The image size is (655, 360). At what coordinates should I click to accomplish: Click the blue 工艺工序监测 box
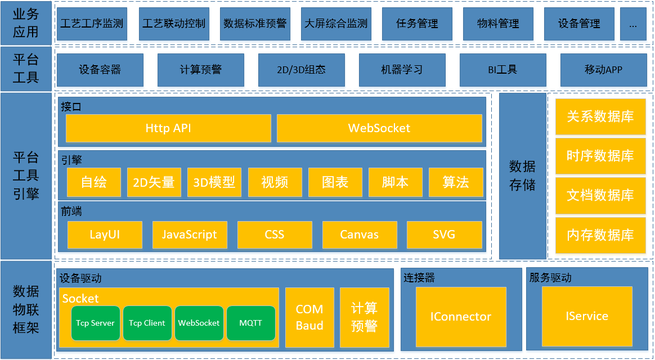pyautogui.click(x=91, y=24)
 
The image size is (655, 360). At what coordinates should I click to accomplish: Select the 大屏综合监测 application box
pyautogui.click(x=336, y=24)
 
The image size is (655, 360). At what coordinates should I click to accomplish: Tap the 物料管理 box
pyautogui.click(x=498, y=24)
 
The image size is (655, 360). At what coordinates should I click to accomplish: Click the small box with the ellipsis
pyautogui.click(x=633, y=24)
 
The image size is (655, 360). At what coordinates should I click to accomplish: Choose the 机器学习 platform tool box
pyautogui.click(x=402, y=70)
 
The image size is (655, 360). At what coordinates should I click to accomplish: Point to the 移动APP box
pyautogui.click(x=603, y=70)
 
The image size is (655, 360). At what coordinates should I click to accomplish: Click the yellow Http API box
pyautogui.click(x=168, y=128)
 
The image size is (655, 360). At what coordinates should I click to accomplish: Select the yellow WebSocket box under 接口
pyautogui.click(x=379, y=128)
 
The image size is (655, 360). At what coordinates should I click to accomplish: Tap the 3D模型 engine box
pyautogui.click(x=214, y=182)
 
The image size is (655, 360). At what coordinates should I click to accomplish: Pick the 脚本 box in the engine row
pyautogui.click(x=395, y=182)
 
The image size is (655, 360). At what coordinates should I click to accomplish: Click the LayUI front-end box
pyautogui.click(x=105, y=235)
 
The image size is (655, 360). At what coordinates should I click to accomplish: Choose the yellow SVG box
pyautogui.click(x=444, y=235)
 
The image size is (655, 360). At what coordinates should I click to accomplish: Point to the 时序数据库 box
pyautogui.click(x=600, y=156)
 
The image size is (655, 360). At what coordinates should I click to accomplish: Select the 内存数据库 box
pyautogui.click(x=600, y=235)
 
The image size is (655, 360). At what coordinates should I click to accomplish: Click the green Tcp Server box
pyautogui.click(x=96, y=323)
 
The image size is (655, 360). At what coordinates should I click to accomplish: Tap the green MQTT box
pyautogui.click(x=251, y=323)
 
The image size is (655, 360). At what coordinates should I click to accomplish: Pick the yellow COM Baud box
pyautogui.click(x=309, y=317)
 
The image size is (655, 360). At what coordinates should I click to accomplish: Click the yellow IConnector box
pyautogui.click(x=461, y=317)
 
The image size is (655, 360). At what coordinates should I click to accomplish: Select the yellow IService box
pyautogui.click(x=587, y=316)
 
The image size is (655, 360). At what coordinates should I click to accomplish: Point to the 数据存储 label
pyautogui.click(x=523, y=175)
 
